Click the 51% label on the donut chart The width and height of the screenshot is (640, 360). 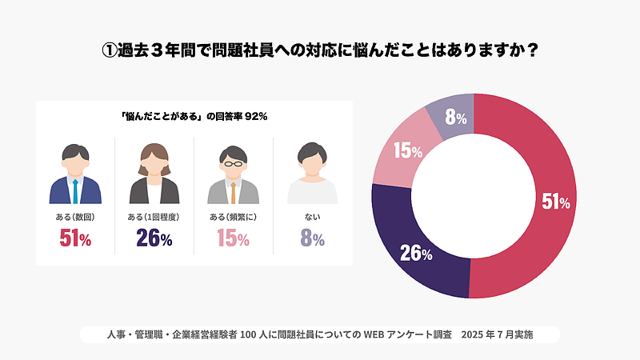click(x=555, y=202)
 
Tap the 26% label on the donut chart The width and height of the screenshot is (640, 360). click(x=416, y=254)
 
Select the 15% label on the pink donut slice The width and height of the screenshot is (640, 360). click(x=407, y=150)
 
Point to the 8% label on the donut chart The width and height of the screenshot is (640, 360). click(x=456, y=118)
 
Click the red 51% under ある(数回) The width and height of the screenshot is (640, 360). click(x=75, y=238)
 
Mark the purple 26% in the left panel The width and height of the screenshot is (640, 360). click(x=154, y=238)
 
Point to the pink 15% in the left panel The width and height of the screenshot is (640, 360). click(x=234, y=238)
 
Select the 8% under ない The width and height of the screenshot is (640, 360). click(x=313, y=238)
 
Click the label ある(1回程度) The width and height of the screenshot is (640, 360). click(x=154, y=217)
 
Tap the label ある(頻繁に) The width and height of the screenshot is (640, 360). click(x=234, y=217)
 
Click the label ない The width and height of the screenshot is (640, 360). click(x=313, y=217)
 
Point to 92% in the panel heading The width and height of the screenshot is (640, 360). click(x=256, y=117)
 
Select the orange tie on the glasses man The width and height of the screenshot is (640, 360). click(x=234, y=192)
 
